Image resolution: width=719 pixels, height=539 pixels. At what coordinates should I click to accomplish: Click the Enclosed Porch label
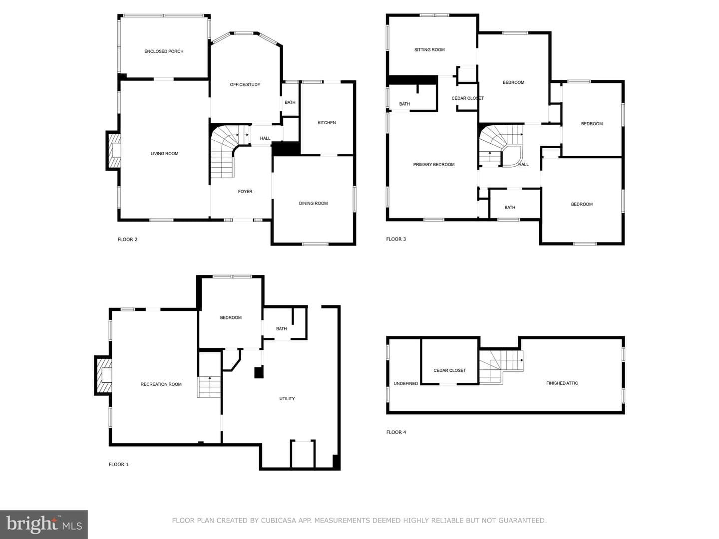(x=164, y=51)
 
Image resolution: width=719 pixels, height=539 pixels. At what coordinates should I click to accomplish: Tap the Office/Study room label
(x=245, y=85)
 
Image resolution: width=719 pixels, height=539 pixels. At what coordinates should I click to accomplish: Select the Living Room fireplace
(x=113, y=151)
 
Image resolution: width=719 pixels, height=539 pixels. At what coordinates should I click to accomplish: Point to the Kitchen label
(x=327, y=123)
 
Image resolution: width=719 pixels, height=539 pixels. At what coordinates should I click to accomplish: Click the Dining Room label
(x=313, y=204)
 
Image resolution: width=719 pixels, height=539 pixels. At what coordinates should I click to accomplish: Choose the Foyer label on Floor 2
(x=245, y=192)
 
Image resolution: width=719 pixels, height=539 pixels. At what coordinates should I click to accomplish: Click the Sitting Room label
(x=429, y=50)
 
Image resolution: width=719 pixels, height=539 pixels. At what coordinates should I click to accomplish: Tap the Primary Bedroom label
(x=434, y=165)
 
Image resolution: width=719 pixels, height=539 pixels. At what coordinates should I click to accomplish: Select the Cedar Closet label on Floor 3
(x=467, y=98)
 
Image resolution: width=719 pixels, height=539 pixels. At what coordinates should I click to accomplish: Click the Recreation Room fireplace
(x=103, y=375)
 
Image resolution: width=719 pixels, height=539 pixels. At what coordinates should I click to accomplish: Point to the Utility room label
(x=287, y=399)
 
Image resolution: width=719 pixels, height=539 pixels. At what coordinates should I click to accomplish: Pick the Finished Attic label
(x=562, y=383)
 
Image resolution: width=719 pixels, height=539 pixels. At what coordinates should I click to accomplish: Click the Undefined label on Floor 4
(x=406, y=384)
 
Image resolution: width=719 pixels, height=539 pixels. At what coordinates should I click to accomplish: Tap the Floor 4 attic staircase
(x=501, y=367)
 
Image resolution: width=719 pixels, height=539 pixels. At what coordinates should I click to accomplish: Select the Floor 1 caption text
(x=118, y=464)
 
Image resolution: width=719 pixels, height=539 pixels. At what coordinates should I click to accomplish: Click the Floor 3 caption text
(x=396, y=239)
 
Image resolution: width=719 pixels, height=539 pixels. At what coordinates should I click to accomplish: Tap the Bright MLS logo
(x=44, y=524)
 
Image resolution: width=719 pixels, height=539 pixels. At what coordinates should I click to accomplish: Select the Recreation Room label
(x=161, y=384)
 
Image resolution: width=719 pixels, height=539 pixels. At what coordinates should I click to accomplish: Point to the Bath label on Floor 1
(x=282, y=329)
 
